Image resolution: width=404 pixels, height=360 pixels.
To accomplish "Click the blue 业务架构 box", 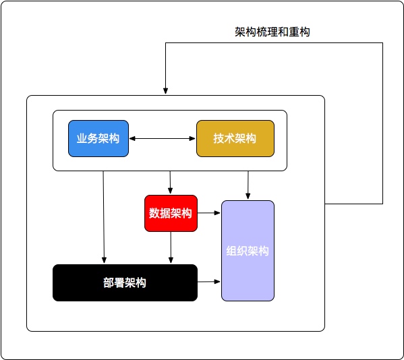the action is pyautogui.click(x=98, y=139).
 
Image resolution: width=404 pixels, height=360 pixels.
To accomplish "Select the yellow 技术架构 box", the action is pyautogui.click(x=235, y=139).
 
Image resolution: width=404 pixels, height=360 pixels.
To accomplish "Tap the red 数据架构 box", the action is pyautogui.click(x=171, y=213).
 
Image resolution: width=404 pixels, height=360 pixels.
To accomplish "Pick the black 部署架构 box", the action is pyautogui.click(x=125, y=282).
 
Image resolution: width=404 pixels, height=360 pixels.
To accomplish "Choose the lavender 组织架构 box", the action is pyautogui.click(x=248, y=251).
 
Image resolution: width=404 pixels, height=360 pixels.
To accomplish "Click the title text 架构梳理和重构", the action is pyautogui.click(x=272, y=32).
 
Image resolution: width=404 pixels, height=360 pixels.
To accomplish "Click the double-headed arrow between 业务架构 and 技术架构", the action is pyautogui.click(x=163, y=139).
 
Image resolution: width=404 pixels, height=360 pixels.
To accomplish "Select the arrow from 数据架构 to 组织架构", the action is pyautogui.click(x=209, y=213).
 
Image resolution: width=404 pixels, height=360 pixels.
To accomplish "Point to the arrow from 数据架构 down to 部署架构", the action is pyautogui.click(x=171, y=247).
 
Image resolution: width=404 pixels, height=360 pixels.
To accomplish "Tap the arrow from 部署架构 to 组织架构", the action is pyautogui.click(x=209, y=282).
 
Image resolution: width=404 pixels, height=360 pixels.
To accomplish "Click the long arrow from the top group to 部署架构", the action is pyautogui.click(x=104, y=217).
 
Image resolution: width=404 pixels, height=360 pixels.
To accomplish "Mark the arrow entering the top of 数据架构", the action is pyautogui.click(x=170, y=182).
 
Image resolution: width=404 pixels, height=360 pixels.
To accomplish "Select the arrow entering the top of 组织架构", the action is pyautogui.click(x=248, y=185).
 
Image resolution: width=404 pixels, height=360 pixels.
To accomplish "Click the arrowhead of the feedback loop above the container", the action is pyautogui.click(x=165, y=91).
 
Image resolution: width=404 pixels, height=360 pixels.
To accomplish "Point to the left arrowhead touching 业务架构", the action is pyautogui.click(x=132, y=139).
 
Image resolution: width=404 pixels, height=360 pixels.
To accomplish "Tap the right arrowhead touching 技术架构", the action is pyautogui.click(x=192, y=139).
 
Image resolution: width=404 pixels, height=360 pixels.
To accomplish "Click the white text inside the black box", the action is pyautogui.click(x=125, y=282).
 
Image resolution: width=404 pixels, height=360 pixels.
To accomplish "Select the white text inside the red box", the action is pyautogui.click(x=171, y=213).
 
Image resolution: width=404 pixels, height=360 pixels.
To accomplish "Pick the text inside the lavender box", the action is pyautogui.click(x=248, y=251).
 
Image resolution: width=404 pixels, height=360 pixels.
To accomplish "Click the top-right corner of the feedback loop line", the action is pyautogui.click(x=382, y=42).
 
